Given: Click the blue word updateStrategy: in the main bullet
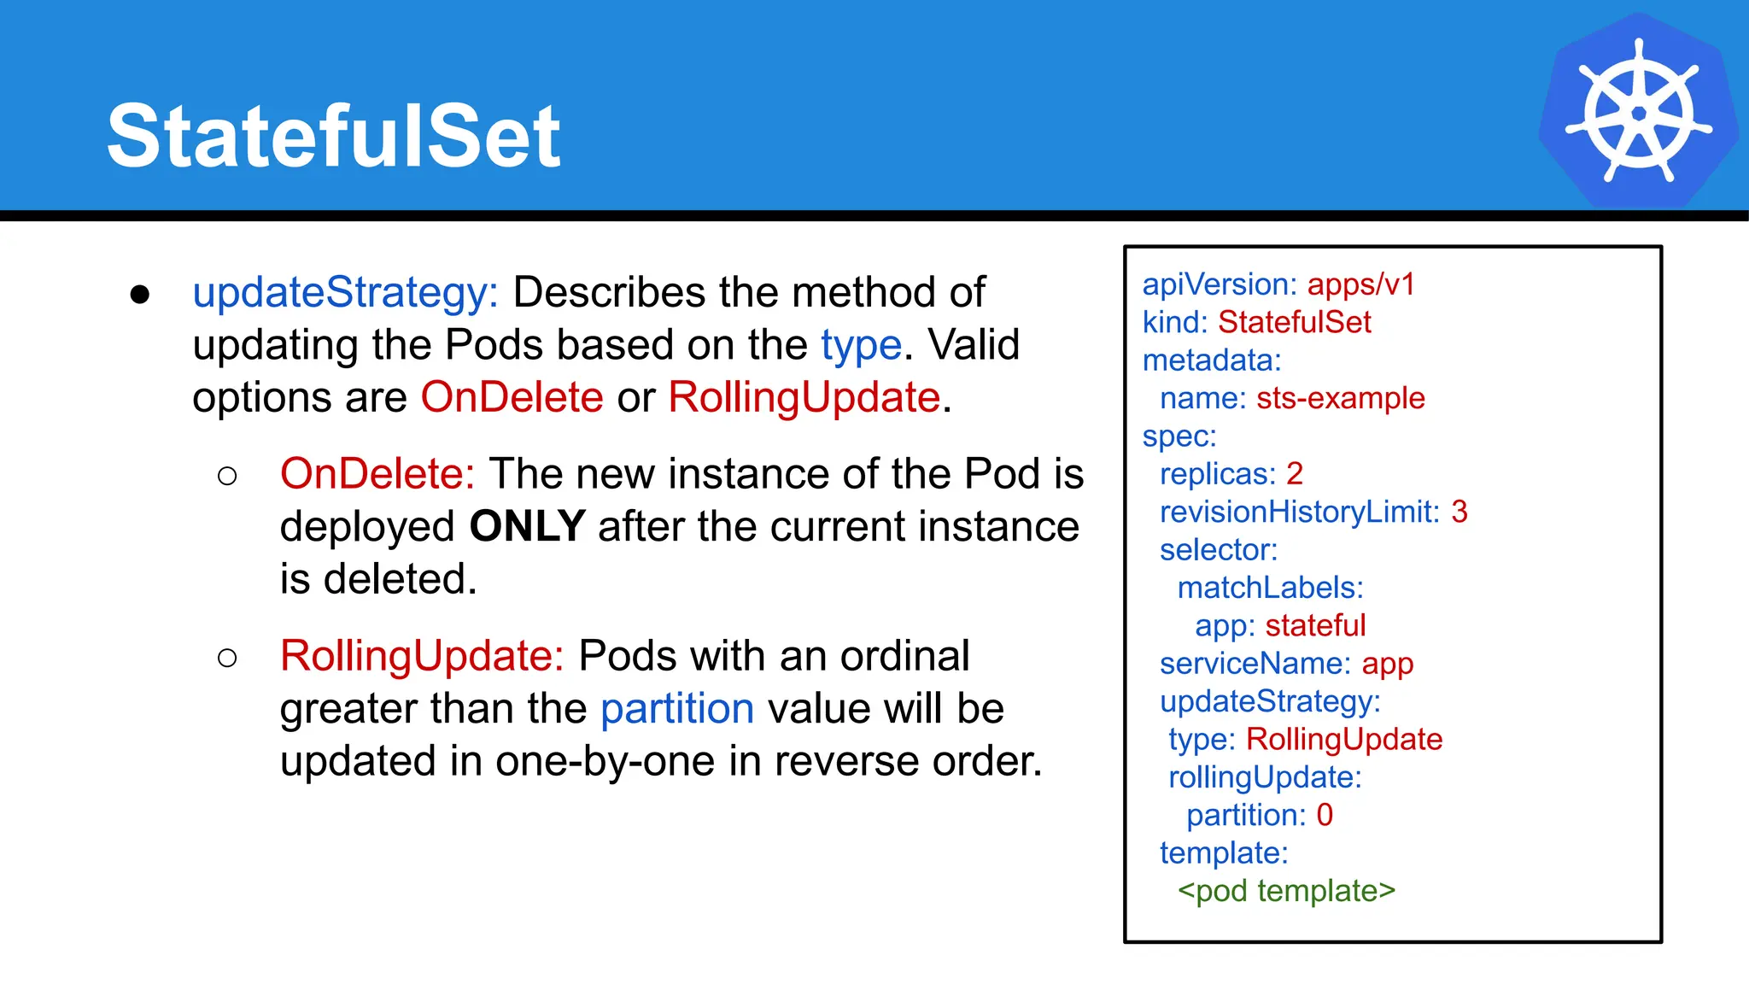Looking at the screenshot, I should [x=345, y=293].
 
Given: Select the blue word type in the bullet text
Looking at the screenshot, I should [x=861, y=346].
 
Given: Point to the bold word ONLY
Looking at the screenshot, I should [x=527, y=526].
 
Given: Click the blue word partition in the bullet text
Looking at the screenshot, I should [x=677, y=709].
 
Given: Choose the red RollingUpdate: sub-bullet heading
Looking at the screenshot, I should [x=422, y=656].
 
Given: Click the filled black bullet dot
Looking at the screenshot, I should [x=140, y=295].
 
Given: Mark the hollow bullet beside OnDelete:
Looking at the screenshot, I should [x=227, y=476].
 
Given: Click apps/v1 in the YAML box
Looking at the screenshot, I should [x=1360, y=284].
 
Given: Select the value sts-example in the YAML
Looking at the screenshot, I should [x=1340, y=398].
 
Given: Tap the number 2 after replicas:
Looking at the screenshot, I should [x=1295, y=474].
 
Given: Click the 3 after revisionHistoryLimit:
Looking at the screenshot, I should [x=1459, y=512].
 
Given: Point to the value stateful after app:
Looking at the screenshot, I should [x=1315, y=625].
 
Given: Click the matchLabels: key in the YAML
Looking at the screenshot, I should [x=1270, y=588].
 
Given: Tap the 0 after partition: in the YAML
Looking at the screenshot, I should [x=1324, y=815].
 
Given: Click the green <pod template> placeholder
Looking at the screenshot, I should [x=1286, y=891].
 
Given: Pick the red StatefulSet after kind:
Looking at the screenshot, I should [x=1294, y=322].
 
